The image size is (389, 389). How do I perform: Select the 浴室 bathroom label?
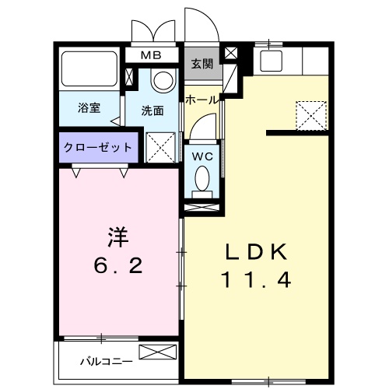click(88, 108)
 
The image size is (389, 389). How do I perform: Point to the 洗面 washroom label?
click(152, 110)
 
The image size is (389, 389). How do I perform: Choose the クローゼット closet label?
click(96, 146)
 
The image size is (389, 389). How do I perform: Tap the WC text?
click(202, 154)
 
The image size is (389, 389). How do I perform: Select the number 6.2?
click(116, 266)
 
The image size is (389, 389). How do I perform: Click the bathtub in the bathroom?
click(89, 72)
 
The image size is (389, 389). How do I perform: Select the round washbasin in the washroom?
click(163, 80)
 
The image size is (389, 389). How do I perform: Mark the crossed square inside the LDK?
click(312, 115)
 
